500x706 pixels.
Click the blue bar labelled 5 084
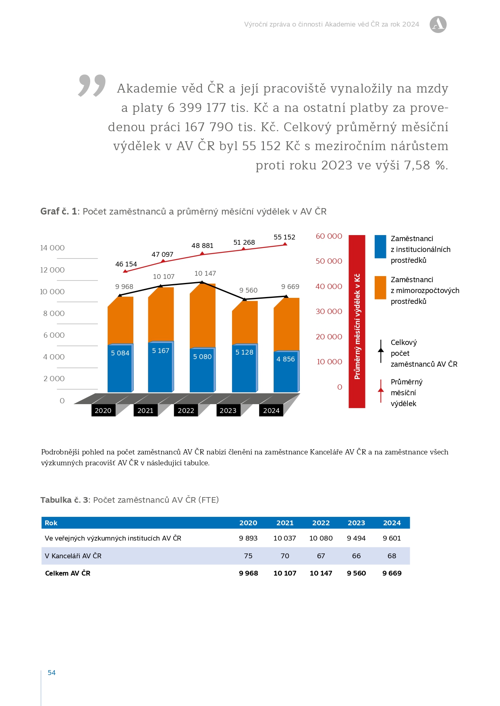pyautogui.click(x=120, y=368)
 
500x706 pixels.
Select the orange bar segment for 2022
pyautogui.click(x=203, y=316)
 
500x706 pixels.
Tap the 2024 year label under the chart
pyautogui.click(x=271, y=411)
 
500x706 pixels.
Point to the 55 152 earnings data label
pyautogui.click(x=284, y=237)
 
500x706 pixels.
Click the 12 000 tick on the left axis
pyautogui.click(x=52, y=270)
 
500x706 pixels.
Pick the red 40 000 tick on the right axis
pyautogui.click(x=329, y=286)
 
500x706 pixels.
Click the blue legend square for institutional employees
pyautogui.click(x=380, y=247)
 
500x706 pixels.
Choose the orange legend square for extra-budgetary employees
pyautogui.click(x=380, y=287)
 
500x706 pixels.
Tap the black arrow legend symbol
pyautogui.click(x=381, y=351)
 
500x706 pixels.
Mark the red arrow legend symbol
pyautogui.click(x=381, y=391)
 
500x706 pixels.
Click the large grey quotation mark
pyautogui.click(x=92, y=85)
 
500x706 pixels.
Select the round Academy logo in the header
pyautogui.click(x=438, y=25)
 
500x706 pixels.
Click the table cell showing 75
pyautogui.click(x=248, y=556)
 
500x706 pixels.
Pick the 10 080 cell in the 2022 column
pyautogui.click(x=321, y=538)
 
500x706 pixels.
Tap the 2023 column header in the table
pyautogui.click(x=356, y=523)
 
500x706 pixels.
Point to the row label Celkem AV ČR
pyautogui.click(x=68, y=573)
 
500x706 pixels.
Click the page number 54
pyautogui.click(x=52, y=673)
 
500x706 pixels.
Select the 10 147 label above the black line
pyautogui.click(x=205, y=273)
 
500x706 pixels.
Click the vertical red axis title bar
pyautogui.click(x=357, y=321)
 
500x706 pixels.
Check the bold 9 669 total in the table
pyautogui.click(x=392, y=573)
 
